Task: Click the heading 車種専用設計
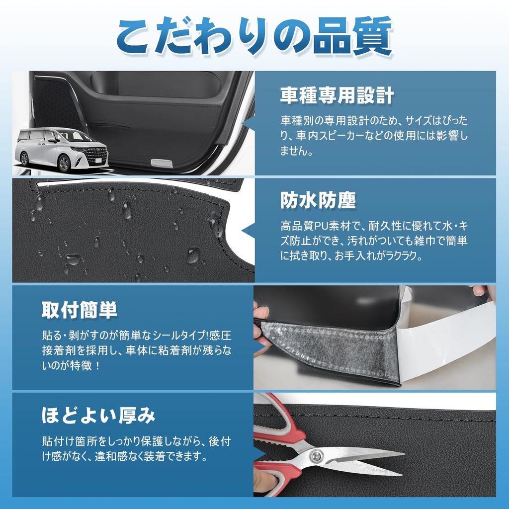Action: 337,95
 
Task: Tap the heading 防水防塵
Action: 318,200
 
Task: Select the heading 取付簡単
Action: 80,310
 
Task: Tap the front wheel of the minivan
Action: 64,164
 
